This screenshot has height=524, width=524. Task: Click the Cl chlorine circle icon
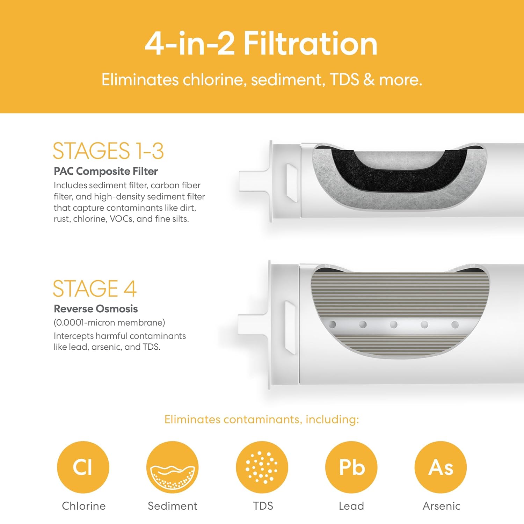[83, 467]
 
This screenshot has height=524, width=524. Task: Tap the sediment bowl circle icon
[173, 467]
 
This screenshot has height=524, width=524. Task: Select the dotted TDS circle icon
[262, 467]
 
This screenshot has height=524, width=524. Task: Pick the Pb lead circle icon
[351, 467]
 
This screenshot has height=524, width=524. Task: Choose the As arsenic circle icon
[441, 467]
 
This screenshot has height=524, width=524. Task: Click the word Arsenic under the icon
[441, 506]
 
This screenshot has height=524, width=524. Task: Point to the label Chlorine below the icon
[83, 506]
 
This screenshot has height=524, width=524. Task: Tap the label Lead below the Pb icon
[351, 506]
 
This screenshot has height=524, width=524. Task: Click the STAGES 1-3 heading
[108, 151]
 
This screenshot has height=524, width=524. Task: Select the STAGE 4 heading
[95, 289]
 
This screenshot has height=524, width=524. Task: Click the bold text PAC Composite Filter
[106, 171]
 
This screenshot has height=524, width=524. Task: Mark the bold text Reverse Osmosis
[96, 309]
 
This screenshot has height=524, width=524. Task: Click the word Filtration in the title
[311, 44]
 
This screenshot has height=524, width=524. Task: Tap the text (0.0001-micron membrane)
[109, 322]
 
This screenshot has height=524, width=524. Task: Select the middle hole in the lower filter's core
[394, 325]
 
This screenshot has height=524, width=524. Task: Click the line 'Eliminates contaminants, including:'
[262, 419]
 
